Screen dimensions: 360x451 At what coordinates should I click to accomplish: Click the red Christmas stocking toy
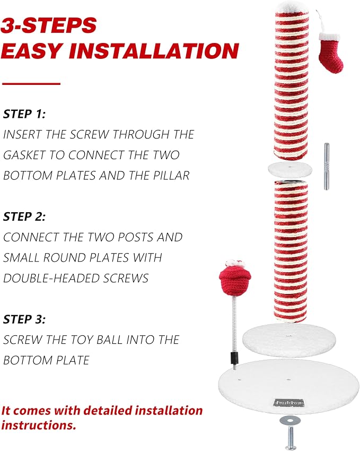pos(331,53)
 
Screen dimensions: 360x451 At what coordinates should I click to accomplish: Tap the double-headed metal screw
pos(327,166)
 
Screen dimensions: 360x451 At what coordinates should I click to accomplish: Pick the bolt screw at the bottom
pos(291,438)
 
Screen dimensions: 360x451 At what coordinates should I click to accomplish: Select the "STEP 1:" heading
pos(24,114)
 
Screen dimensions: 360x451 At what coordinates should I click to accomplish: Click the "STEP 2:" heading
pos(24,216)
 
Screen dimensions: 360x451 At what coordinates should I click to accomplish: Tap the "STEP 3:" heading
pos(24,319)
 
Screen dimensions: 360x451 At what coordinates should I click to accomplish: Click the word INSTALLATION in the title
pos(154,51)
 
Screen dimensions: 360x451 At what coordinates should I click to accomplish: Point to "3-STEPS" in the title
pos(49,25)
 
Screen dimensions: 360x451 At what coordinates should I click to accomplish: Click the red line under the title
pos(31,84)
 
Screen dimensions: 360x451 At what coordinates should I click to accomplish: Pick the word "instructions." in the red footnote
pos(39,425)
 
